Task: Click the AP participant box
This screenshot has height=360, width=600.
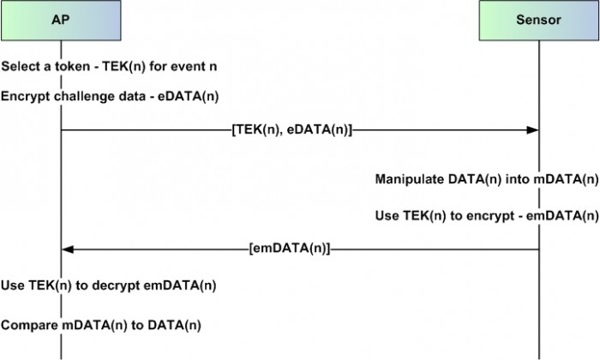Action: pos(61,21)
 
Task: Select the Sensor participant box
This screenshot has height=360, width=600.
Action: pos(539,21)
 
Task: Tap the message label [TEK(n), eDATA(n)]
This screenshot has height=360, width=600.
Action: pos(291,130)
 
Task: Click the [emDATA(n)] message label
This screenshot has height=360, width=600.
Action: pos(290,249)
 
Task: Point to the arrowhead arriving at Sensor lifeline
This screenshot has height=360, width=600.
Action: pos(532,130)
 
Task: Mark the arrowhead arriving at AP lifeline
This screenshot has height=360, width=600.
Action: pos(68,249)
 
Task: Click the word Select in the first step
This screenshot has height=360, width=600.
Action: pos(21,67)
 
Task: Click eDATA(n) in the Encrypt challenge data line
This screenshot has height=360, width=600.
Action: pos(189,96)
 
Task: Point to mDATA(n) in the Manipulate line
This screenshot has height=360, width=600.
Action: pos(566,179)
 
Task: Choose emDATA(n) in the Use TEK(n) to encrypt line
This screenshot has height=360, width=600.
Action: pos(562,216)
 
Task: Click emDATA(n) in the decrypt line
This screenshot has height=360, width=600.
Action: pos(180,285)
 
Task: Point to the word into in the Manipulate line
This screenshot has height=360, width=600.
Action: pos(518,179)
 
